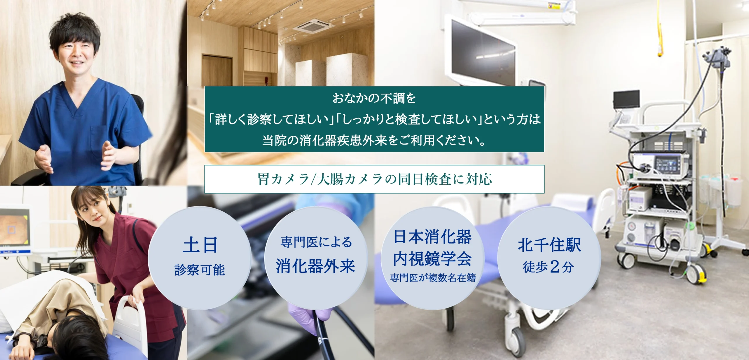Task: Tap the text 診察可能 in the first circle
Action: pyautogui.click(x=200, y=270)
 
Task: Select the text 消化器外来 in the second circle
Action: pyautogui.click(x=315, y=266)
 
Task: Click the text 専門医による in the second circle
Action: pyautogui.click(x=316, y=242)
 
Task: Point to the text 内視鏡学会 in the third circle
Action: pyautogui.click(x=432, y=259)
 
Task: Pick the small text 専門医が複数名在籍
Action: pyautogui.click(x=433, y=278)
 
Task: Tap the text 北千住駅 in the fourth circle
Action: pyautogui.click(x=549, y=245)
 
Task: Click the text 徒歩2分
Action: pyautogui.click(x=548, y=267)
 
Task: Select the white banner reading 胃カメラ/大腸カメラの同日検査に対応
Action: pyautogui.click(x=374, y=179)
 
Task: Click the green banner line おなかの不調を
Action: pyautogui.click(x=374, y=98)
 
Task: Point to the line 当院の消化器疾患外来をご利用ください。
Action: pyautogui.click(x=374, y=140)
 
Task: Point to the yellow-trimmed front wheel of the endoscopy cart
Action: pyautogui.click(x=698, y=273)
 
